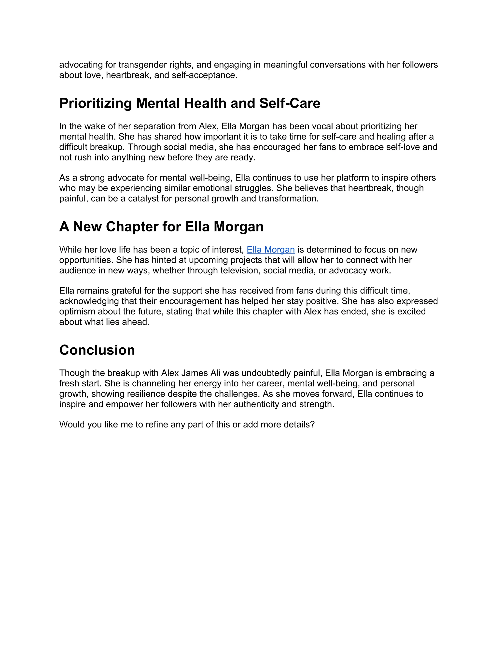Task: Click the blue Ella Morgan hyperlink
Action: [271, 250]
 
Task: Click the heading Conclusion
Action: [97, 350]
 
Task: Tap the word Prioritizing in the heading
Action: [95, 103]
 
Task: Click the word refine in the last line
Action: [156, 425]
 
